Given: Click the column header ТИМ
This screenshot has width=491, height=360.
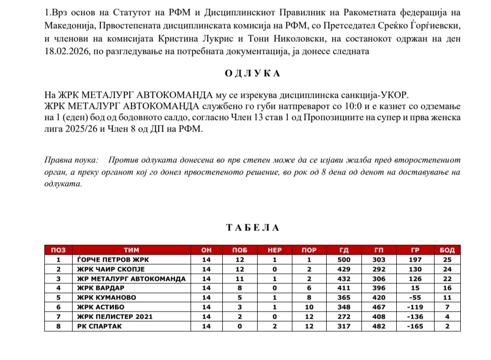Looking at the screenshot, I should pyautogui.click(x=131, y=250).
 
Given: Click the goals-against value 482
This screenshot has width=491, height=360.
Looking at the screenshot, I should pyautogui.click(x=379, y=326).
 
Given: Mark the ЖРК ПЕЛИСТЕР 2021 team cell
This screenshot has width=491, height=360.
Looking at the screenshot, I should pyautogui.click(x=114, y=317).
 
